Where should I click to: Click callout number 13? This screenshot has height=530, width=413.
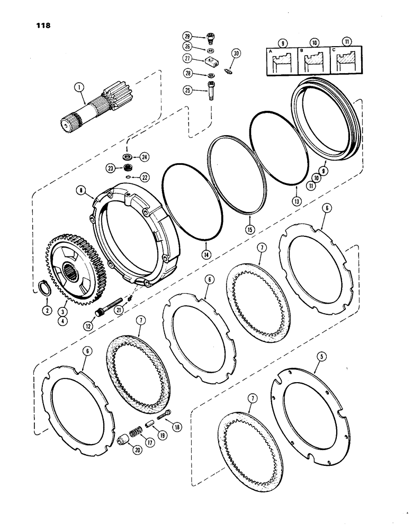click(x=296, y=202)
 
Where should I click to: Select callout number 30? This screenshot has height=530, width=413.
click(x=236, y=52)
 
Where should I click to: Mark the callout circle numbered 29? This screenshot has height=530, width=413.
click(x=187, y=36)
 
